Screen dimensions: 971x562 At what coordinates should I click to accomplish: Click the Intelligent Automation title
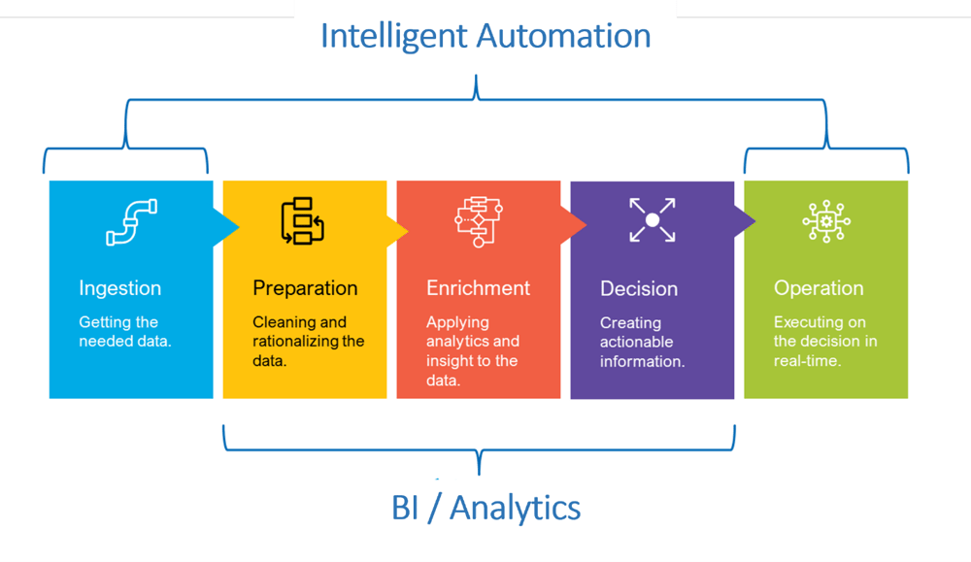[x=485, y=37]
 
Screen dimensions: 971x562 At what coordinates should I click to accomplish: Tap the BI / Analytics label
[x=486, y=509]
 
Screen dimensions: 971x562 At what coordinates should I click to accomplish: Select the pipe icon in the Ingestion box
[x=131, y=221]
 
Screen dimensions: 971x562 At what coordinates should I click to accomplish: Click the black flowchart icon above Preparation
[x=303, y=221]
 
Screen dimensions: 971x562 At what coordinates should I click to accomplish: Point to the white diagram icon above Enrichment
[x=479, y=221]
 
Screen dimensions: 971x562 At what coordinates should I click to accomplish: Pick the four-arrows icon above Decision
[x=653, y=219]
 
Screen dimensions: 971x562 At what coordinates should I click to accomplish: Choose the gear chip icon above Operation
[x=826, y=221]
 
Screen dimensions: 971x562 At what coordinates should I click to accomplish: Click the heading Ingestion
[x=120, y=288]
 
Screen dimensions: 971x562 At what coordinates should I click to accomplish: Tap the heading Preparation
[x=305, y=288]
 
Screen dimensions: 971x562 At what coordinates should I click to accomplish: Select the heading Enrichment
[x=478, y=288]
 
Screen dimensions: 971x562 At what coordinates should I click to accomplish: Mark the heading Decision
[x=639, y=288]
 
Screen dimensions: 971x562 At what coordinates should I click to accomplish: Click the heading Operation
[x=819, y=288]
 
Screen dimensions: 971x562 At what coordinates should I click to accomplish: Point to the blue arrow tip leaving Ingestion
[x=239, y=227]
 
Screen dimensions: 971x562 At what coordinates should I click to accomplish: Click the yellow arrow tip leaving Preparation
[x=409, y=232]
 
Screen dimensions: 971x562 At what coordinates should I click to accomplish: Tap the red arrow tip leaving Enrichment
[x=586, y=224]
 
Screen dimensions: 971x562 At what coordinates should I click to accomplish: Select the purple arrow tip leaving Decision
[x=755, y=220]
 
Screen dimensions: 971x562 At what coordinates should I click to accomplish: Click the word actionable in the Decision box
[x=637, y=342]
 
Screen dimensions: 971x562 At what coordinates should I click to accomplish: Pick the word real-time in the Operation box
[x=807, y=361]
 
